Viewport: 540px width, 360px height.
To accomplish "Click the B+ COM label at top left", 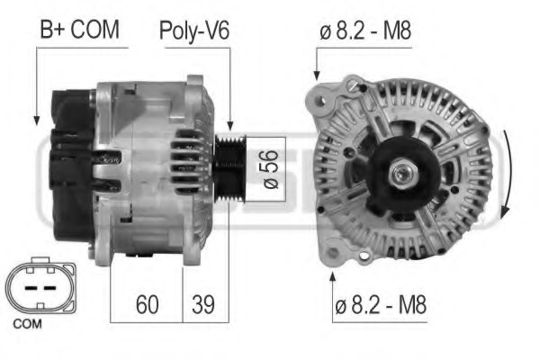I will tap(78, 30).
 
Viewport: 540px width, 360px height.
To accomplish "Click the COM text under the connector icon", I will tap(28, 322).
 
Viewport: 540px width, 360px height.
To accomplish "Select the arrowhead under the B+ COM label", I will tap(35, 120).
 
